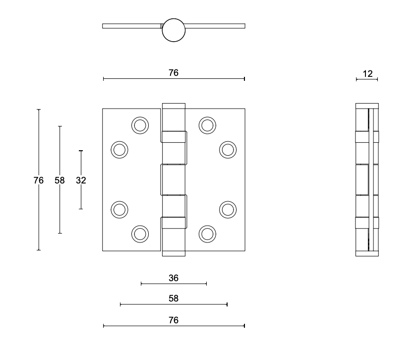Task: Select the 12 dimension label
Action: tap(367, 73)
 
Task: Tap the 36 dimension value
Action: tap(174, 278)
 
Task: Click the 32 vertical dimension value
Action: tap(81, 180)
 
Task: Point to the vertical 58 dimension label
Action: tap(60, 180)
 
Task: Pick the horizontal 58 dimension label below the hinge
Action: tap(174, 299)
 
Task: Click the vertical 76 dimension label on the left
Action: tap(39, 180)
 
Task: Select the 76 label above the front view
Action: tap(174, 73)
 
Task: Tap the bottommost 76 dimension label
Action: tap(174, 320)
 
